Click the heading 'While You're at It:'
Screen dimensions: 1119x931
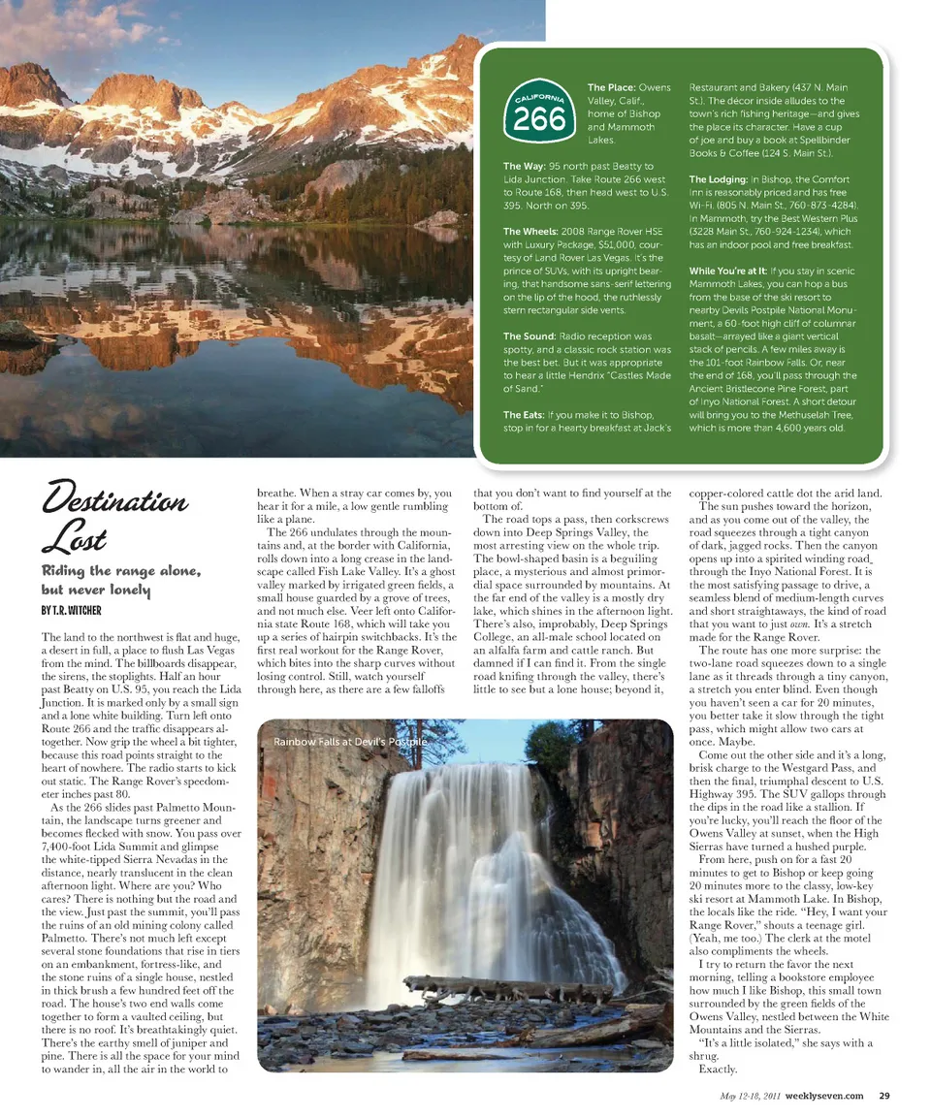pyautogui.click(x=726, y=271)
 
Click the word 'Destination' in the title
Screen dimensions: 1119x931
pyautogui.click(x=114, y=501)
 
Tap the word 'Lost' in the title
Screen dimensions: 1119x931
pyautogui.click(x=74, y=539)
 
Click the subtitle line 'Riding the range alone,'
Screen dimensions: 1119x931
pyautogui.click(x=120, y=570)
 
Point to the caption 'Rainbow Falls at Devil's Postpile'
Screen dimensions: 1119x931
pyautogui.click(x=350, y=742)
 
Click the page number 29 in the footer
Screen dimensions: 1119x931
pyautogui.click(x=884, y=1097)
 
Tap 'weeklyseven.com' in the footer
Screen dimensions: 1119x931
pyautogui.click(x=824, y=1097)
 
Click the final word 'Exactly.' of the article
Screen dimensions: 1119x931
pyautogui.click(x=718, y=1070)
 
